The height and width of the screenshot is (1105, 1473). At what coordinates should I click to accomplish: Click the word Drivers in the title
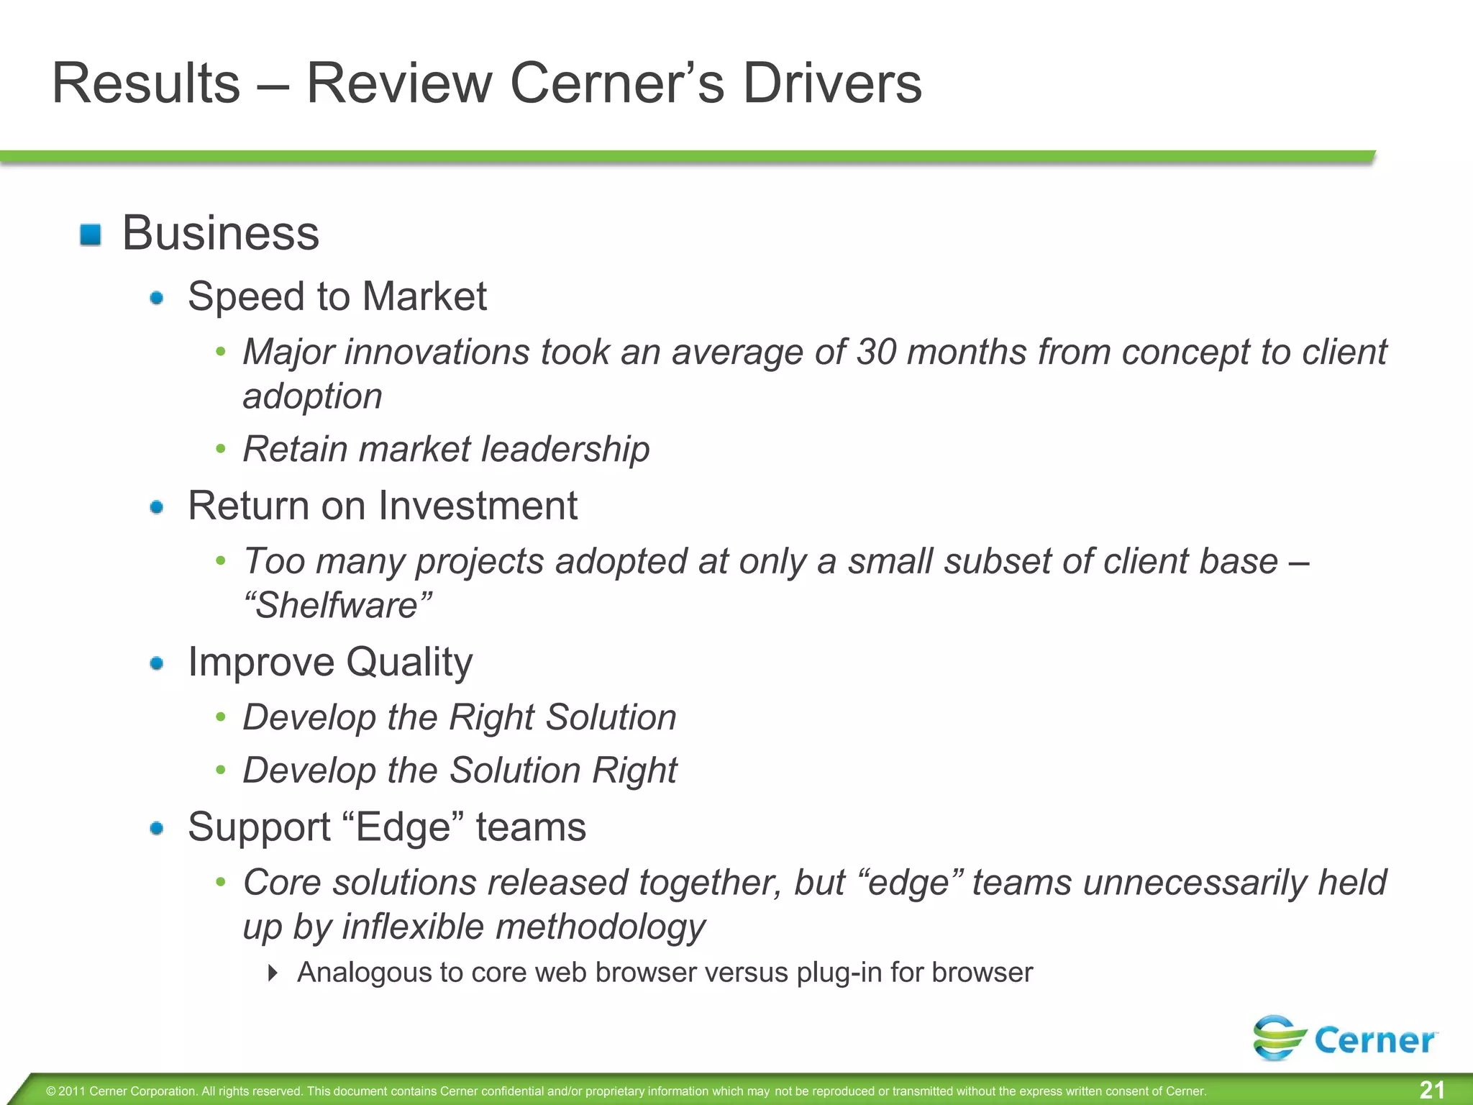pyautogui.click(x=831, y=83)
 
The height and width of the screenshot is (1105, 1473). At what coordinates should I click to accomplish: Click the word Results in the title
pyautogui.click(x=146, y=83)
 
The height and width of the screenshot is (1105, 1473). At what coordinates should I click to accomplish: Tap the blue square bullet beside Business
pyautogui.click(x=91, y=235)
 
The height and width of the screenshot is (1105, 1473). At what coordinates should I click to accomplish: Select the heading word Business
pyautogui.click(x=221, y=234)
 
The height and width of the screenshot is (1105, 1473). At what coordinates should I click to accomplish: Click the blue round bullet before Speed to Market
pyautogui.click(x=157, y=298)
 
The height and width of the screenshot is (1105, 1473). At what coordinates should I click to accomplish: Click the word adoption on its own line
pyautogui.click(x=312, y=397)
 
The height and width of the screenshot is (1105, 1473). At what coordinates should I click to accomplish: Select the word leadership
pyautogui.click(x=565, y=450)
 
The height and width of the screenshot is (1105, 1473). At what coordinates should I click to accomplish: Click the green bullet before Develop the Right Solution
pyautogui.click(x=221, y=717)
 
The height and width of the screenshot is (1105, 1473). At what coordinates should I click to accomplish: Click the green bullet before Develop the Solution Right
pyautogui.click(x=221, y=770)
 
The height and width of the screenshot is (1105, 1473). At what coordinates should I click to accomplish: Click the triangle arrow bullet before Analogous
pyautogui.click(x=272, y=973)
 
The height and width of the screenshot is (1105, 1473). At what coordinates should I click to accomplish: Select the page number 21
pyautogui.click(x=1431, y=1090)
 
